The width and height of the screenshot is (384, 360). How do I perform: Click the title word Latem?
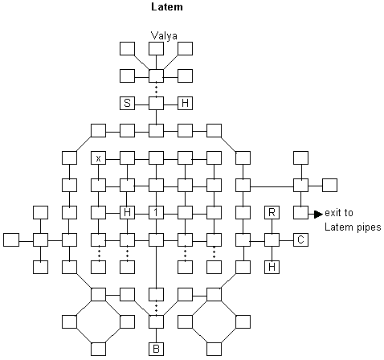(x=167, y=6)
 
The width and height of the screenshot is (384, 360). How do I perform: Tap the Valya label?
(x=164, y=35)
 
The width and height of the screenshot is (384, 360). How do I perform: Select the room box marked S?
(x=127, y=103)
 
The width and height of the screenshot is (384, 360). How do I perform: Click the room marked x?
(x=98, y=157)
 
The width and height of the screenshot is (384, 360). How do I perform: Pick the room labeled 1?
(x=156, y=213)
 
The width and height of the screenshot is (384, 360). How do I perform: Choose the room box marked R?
(x=272, y=213)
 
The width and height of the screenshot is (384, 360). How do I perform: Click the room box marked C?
(x=300, y=239)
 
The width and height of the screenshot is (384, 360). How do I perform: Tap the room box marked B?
(x=156, y=349)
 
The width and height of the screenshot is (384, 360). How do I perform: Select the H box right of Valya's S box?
(x=185, y=103)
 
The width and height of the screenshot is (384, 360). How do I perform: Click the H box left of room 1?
(x=127, y=213)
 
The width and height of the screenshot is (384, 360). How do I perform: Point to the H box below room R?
(x=272, y=267)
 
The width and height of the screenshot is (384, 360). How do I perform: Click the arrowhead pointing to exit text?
(x=318, y=214)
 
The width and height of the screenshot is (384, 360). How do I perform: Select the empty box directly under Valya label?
(x=156, y=48)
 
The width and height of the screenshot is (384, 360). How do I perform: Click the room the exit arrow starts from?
(x=300, y=213)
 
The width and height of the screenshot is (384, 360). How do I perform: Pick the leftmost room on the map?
(x=11, y=239)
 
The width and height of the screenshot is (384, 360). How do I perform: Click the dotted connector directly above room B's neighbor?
(x=157, y=308)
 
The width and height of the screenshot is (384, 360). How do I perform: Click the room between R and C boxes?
(x=272, y=239)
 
